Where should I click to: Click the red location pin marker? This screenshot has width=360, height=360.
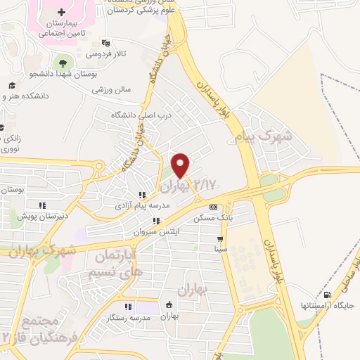(x=181, y=165)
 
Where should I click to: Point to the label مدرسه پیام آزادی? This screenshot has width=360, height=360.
(x=141, y=206)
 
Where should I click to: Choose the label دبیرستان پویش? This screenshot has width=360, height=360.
(x=63, y=217)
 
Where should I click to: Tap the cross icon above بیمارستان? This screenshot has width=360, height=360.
(x=62, y=11)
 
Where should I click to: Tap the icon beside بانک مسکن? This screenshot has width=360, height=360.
(x=213, y=207)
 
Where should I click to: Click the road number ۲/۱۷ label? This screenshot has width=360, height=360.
(x=206, y=184)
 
